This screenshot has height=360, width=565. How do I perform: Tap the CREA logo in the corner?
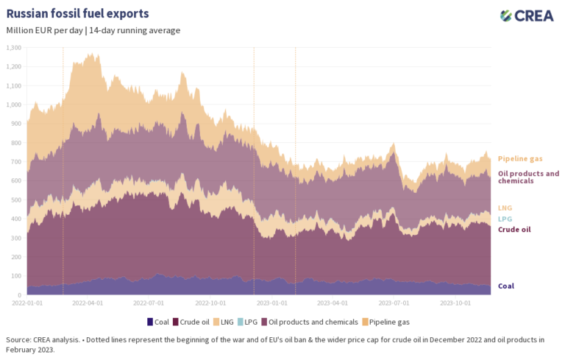[527, 15]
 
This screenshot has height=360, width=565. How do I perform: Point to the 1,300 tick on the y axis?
[13, 47]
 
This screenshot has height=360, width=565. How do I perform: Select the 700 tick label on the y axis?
[15, 161]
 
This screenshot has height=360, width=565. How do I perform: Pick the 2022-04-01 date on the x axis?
[90, 302]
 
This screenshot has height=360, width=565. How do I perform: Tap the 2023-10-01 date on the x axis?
[455, 302]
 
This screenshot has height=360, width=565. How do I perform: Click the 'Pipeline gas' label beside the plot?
[520, 158]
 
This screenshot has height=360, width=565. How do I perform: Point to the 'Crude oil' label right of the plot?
[514, 230]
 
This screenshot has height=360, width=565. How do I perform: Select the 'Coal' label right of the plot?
[506, 286]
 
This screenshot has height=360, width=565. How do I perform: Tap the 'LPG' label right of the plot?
[505, 219]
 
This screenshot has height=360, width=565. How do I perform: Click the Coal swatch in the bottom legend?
[151, 322]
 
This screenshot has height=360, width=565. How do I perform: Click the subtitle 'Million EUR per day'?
[44, 30]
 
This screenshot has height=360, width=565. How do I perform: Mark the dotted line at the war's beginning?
[63, 169]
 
